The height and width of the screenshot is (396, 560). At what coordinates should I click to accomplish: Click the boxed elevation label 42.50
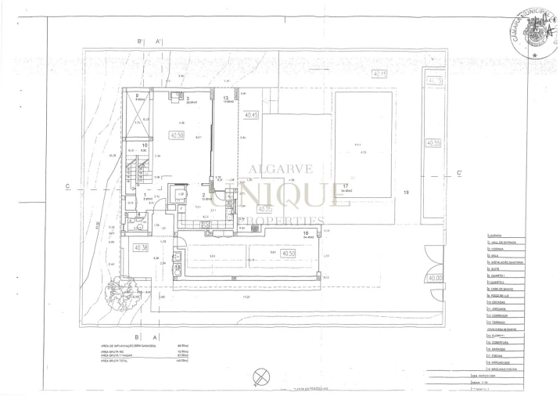point(177,135)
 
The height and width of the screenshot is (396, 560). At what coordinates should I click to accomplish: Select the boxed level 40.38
point(141,248)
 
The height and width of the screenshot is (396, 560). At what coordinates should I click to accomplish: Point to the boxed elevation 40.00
point(434,278)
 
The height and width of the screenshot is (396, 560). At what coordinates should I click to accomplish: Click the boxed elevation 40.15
point(379,74)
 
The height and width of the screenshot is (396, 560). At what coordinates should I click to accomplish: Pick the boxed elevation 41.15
point(434,81)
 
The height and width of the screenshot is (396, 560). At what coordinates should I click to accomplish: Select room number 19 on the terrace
point(405,192)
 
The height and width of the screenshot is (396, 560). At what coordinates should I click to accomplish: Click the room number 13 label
point(225,98)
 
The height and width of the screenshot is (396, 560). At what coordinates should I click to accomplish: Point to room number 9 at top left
point(137,95)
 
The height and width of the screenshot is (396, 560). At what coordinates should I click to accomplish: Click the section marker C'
point(460,173)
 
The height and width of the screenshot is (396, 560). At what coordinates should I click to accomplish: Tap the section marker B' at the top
point(140,41)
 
